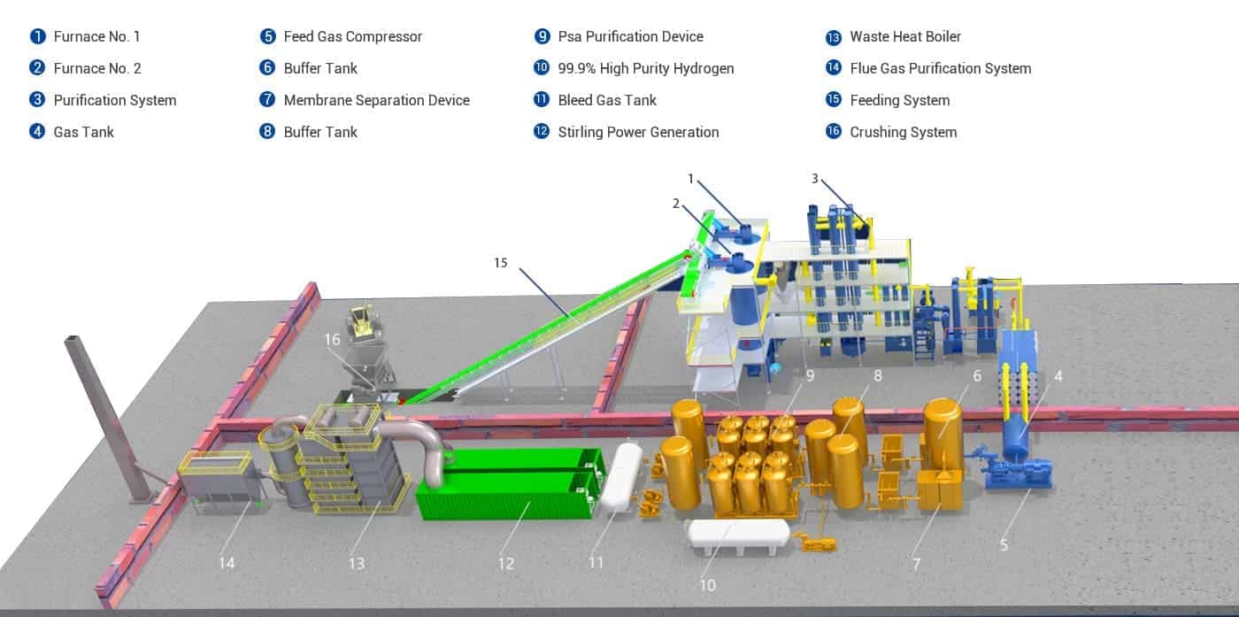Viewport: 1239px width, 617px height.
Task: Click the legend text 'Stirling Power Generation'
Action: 637,132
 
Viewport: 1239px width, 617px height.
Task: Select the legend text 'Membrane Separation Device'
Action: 376,100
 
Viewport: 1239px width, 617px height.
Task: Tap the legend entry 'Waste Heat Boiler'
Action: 904,36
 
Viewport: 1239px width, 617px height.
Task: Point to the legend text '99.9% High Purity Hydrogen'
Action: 645,68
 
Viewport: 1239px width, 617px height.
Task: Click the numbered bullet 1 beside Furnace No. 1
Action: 37,36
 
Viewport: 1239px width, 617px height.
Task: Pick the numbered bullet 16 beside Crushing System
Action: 833,132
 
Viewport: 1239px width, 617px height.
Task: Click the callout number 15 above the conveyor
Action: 501,263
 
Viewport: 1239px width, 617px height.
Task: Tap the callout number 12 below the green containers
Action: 505,563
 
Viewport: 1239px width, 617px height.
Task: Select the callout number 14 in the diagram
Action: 227,563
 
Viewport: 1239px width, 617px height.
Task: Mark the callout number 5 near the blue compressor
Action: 1004,545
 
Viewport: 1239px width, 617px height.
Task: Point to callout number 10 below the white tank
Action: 708,585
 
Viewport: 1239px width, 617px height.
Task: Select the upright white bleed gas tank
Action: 627,476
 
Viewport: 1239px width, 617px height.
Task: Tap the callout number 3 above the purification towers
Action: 815,179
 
